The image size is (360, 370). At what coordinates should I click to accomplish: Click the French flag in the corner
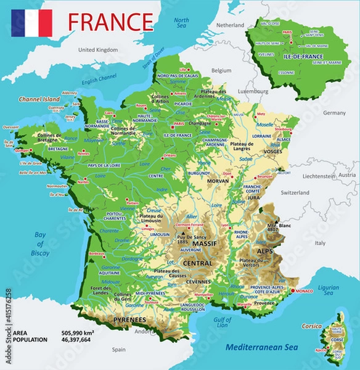click(31, 23)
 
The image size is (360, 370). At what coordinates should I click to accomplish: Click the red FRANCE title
click(110, 21)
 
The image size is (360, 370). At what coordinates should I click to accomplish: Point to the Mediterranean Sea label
click(263, 348)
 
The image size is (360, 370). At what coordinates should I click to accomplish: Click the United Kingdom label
click(98, 49)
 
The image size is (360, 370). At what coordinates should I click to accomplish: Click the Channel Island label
click(39, 99)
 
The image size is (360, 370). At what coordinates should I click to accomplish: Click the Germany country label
click(335, 113)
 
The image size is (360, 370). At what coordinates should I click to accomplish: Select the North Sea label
click(181, 23)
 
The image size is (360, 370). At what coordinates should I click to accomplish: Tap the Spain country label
click(119, 350)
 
